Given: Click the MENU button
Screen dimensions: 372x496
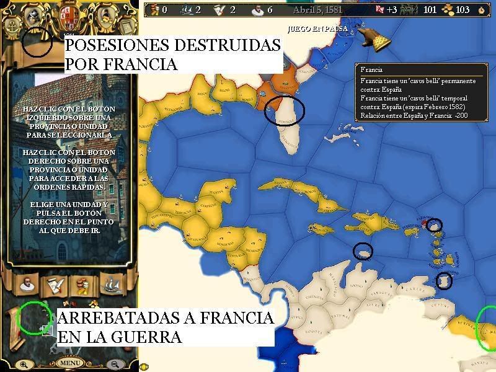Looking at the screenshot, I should pyautogui.click(x=70, y=363).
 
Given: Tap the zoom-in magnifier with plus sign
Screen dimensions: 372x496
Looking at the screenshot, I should pyautogui.click(x=24, y=365).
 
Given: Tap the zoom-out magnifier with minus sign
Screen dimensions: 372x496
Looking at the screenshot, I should pyautogui.click(x=114, y=365).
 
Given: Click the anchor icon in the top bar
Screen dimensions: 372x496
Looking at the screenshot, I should pyautogui.click(x=11, y=28).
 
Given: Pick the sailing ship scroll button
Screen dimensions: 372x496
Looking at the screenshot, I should pyautogui.click(x=110, y=285).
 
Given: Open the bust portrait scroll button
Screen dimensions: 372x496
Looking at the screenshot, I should pyautogui.click(x=25, y=285).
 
